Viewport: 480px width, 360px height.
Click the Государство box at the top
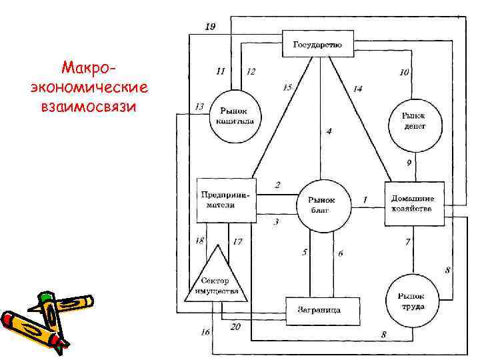pyautogui.click(x=317, y=45)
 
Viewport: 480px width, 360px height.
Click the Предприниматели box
pyautogui.click(x=225, y=201)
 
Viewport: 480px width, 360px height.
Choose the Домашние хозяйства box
pyautogui.click(x=413, y=203)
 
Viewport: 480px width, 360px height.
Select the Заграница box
pyautogui.click(x=323, y=310)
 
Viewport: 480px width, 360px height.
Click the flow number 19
pyautogui.click(x=209, y=27)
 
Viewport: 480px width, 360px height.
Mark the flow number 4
pyautogui.click(x=329, y=131)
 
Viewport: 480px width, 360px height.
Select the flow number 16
pyautogui.click(x=205, y=331)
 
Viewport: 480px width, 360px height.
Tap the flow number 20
pyautogui.click(x=235, y=327)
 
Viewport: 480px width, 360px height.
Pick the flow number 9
pyautogui.click(x=409, y=163)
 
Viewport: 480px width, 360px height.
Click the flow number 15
pyautogui.click(x=287, y=87)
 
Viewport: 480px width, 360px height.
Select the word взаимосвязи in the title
pyautogui.click(x=89, y=107)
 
